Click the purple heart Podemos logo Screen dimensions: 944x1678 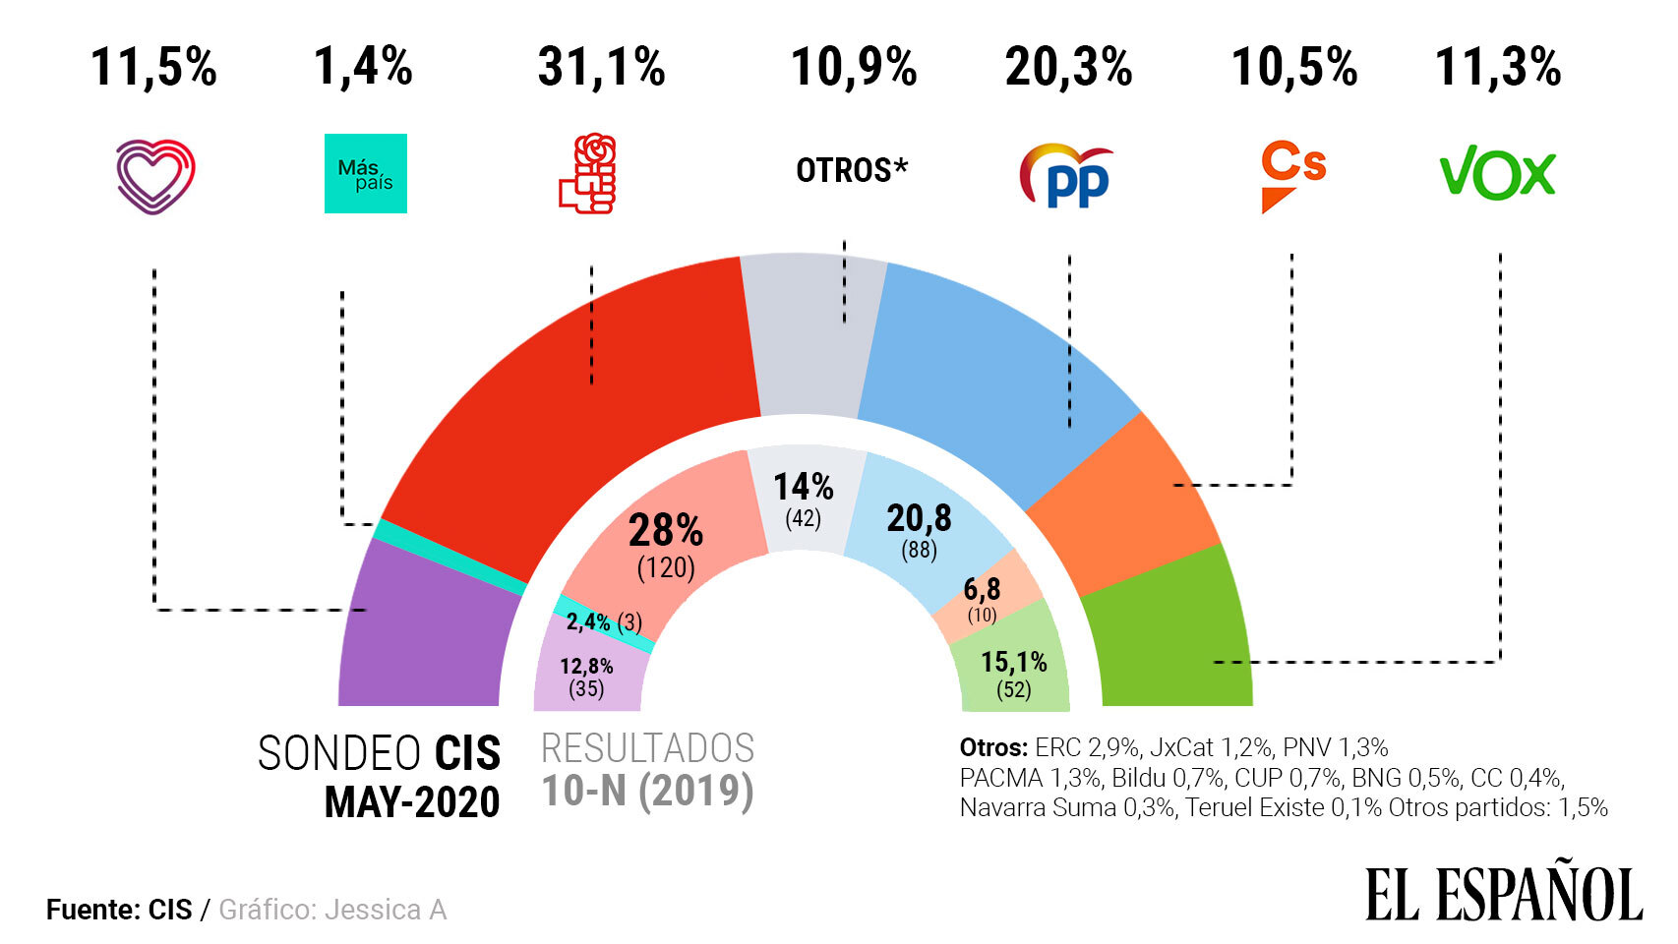pyautogui.click(x=155, y=175)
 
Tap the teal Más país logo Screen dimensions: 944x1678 pyautogui.click(x=365, y=173)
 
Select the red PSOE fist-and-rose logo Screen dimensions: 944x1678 pyautogui.click(x=588, y=174)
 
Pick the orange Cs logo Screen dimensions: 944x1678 pyautogui.click(x=1292, y=175)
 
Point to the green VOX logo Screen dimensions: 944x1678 pyautogui.click(x=1497, y=175)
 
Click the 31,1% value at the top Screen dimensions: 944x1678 pyautogui.click(x=601, y=68)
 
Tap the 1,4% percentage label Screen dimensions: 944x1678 pyautogui.click(x=363, y=67)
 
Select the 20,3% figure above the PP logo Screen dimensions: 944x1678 pyautogui.click(x=1068, y=68)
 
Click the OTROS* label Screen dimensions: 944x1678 pyautogui.click(x=852, y=170)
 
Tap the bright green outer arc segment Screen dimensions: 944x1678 pyautogui.click(x=1170, y=639)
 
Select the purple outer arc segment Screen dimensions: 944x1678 pyautogui.click(x=423, y=639)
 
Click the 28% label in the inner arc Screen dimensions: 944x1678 pyautogui.click(x=666, y=531)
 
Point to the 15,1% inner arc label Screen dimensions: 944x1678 pyautogui.click(x=1013, y=662)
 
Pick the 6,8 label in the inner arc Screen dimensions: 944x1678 pyautogui.click(x=982, y=589)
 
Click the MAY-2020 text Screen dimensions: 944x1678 pyautogui.click(x=412, y=802)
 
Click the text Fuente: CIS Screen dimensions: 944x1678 pyautogui.click(x=119, y=910)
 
